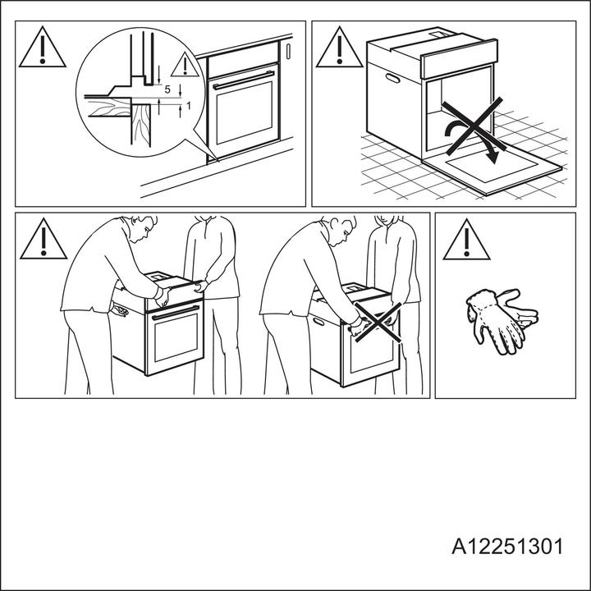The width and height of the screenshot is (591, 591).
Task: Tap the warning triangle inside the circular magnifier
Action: click(x=189, y=66)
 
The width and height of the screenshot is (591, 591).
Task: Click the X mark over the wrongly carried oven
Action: click(x=377, y=327)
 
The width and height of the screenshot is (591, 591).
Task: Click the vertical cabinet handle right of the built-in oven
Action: click(x=289, y=51)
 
